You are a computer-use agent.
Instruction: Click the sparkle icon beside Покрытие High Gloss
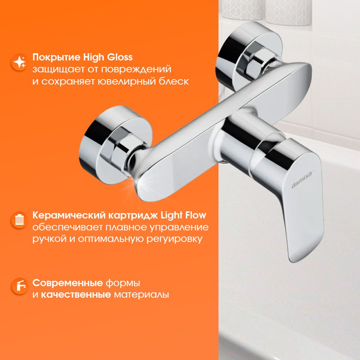pyautogui.click(x=19, y=62)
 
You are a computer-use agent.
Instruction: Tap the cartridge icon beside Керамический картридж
pyautogui.click(x=19, y=220)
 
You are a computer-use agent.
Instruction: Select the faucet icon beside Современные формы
pyautogui.click(x=19, y=286)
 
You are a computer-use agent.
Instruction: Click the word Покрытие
pyautogui.click(x=56, y=57)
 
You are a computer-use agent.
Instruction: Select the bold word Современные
pyautogui.click(x=68, y=283)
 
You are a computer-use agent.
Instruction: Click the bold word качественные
pyautogui.click(x=76, y=294)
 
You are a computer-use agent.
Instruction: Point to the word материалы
pyautogui.click(x=141, y=294)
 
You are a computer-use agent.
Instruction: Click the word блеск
pyautogui.click(x=174, y=81)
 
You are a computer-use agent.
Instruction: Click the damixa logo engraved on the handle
pyautogui.click(x=302, y=180)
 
